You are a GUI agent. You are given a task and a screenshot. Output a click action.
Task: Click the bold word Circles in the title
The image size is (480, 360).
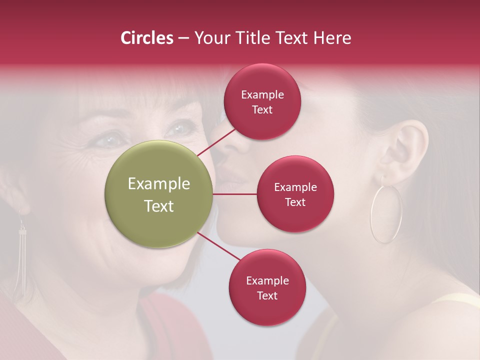point(146,38)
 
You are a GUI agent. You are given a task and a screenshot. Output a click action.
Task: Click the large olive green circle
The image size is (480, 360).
point(159,194)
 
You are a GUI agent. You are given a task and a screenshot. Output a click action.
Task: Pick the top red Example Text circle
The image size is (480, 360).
point(262,101)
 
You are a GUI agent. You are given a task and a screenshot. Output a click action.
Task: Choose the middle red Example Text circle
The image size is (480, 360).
point(295,194)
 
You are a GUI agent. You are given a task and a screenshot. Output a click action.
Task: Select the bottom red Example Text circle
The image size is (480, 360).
point(267,287)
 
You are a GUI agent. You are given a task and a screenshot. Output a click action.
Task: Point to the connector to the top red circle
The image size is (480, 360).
point(217,142)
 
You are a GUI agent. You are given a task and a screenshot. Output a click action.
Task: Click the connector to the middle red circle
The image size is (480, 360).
point(235,194)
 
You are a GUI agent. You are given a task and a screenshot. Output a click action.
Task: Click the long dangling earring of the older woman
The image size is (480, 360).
point(21,260)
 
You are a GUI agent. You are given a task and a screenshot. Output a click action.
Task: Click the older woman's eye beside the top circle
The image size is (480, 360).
point(178,128)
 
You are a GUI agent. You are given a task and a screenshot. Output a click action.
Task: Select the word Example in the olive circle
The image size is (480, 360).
point(159,184)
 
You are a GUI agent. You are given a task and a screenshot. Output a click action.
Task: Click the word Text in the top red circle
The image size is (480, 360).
point(262,109)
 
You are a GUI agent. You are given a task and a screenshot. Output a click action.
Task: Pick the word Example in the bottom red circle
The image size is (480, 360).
point(267,280)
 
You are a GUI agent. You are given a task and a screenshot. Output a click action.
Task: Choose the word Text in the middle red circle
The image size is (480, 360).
point(295,202)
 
